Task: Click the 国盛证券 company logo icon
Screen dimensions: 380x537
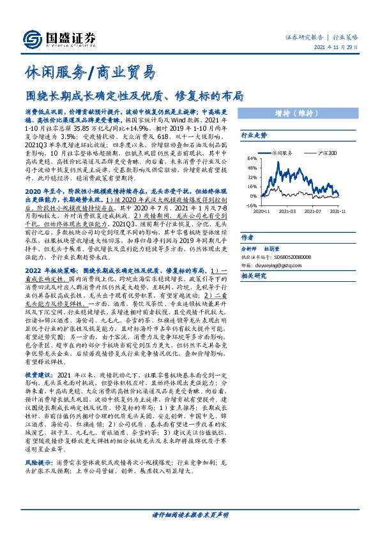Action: point(31,38)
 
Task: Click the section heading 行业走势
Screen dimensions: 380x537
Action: point(253,136)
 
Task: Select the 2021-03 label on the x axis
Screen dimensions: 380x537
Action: point(287,210)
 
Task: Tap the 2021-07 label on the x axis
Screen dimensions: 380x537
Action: point(312,210)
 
